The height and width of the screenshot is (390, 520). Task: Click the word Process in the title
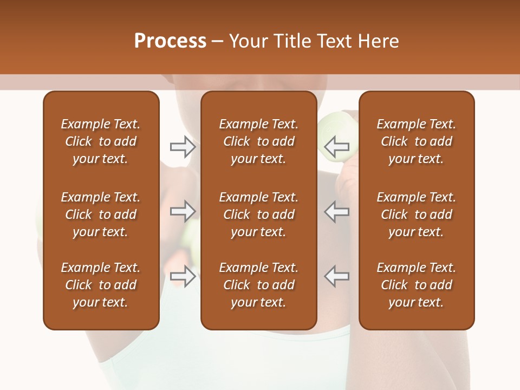pos(170,41)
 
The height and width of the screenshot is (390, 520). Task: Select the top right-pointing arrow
pos(183,147)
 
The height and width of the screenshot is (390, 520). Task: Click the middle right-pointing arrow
pos(183,211)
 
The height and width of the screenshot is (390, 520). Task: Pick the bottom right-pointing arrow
pos(183,276)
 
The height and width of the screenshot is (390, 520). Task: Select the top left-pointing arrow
pos(337,147)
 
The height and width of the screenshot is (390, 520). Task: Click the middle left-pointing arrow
pos(337,211)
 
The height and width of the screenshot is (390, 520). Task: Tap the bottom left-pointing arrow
pos(337,276)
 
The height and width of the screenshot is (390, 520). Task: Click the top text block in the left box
pos(101,141)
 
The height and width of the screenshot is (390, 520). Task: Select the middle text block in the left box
pos(101,214)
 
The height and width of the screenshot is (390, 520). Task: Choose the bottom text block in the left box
pos(101,285)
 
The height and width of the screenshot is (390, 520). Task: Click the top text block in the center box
pos(258,141)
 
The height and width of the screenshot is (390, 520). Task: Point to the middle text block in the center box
pos(258,214)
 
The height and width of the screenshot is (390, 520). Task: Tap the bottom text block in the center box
pos(258,285)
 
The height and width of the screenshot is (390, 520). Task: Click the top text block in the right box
pos(416,141)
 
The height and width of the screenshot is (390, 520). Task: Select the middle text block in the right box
pos(416,214)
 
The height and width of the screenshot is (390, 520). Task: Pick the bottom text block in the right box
pos(416,285)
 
